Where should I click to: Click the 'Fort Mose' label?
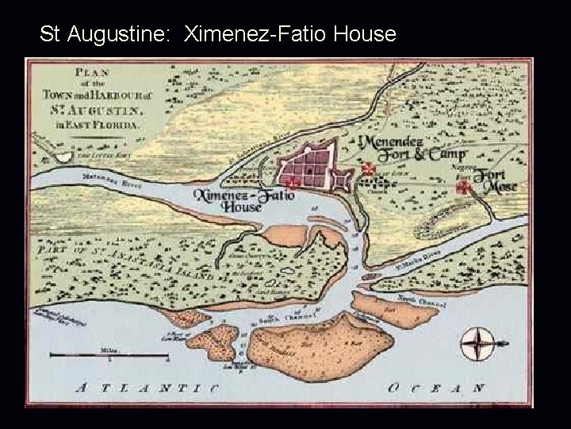[496, 184]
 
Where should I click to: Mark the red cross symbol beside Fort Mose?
[464, 187]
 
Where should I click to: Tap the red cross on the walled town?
[293, 183]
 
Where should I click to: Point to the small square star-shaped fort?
[342, 179]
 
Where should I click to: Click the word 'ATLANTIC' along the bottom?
[146, 388]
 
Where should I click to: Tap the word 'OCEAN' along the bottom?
[435, 388]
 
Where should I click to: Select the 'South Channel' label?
[277, 318]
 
